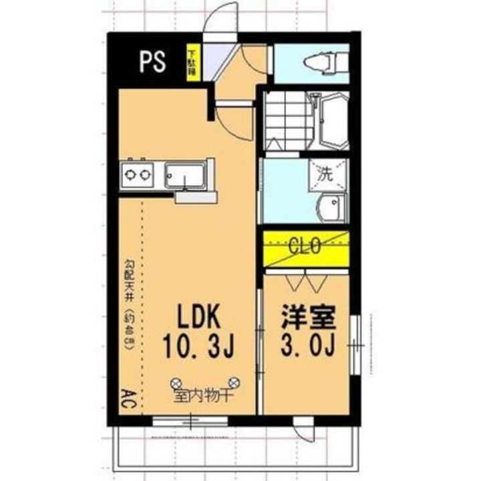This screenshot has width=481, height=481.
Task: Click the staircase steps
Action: (x=287, y=120)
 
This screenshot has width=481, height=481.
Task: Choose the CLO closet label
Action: (x=305, y=245)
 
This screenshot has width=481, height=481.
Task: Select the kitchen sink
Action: (x=185, y=176)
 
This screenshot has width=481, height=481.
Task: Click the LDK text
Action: (x=198, y=316)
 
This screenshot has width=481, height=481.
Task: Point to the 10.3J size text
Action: (x=198, y=347)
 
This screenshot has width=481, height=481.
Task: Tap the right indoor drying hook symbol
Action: (x=234, y=382)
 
